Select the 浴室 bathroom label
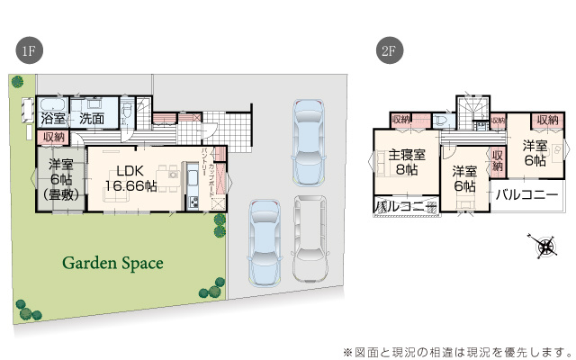point(52,119)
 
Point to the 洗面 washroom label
point(91,119)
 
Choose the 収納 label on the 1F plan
point(53,137)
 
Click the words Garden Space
point(112,264)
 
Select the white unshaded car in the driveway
point(310,238)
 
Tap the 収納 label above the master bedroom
point(400,119)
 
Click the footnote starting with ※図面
point(457,350)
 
